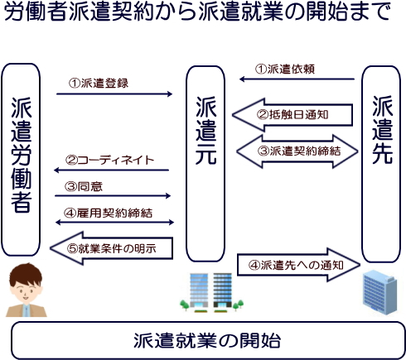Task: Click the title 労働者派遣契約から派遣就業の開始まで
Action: (x=197, y=12)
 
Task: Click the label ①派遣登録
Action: (x=99, y=83)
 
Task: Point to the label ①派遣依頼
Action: (x=285, y=70)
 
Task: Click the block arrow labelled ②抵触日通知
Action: (x=292, y=115)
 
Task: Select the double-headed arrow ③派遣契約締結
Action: (x=297, y=151)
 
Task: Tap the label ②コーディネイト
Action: (x=109, y=160)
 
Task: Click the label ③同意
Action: (x=84, y=186)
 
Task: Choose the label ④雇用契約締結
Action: (x=108, y=213)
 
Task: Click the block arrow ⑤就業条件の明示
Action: (x=112, y=248)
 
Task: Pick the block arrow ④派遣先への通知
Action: (x=299, y=265)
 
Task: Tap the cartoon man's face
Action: (x=26, y=286)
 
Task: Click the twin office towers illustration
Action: (x=211, y=293)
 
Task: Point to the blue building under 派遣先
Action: (x=380, y=292)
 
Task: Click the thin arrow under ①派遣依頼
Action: (x=297, y=79)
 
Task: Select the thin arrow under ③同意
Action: (x=113, y=196)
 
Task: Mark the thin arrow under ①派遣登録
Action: (x=114, y=94)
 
